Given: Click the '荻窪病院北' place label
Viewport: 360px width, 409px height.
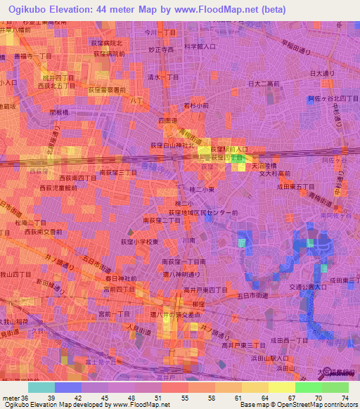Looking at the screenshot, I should (x=112, y=43).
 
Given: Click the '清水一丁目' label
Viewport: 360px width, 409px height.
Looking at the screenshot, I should (x=163, y=79).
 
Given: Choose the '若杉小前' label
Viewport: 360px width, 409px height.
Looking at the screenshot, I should (x=196, y=105).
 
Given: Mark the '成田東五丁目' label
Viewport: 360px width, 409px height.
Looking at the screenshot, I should (x=295, y=186).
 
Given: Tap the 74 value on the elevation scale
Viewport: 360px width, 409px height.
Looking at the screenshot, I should (x=344, y=398).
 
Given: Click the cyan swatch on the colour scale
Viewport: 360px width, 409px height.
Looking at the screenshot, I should (x=41, y=387).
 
